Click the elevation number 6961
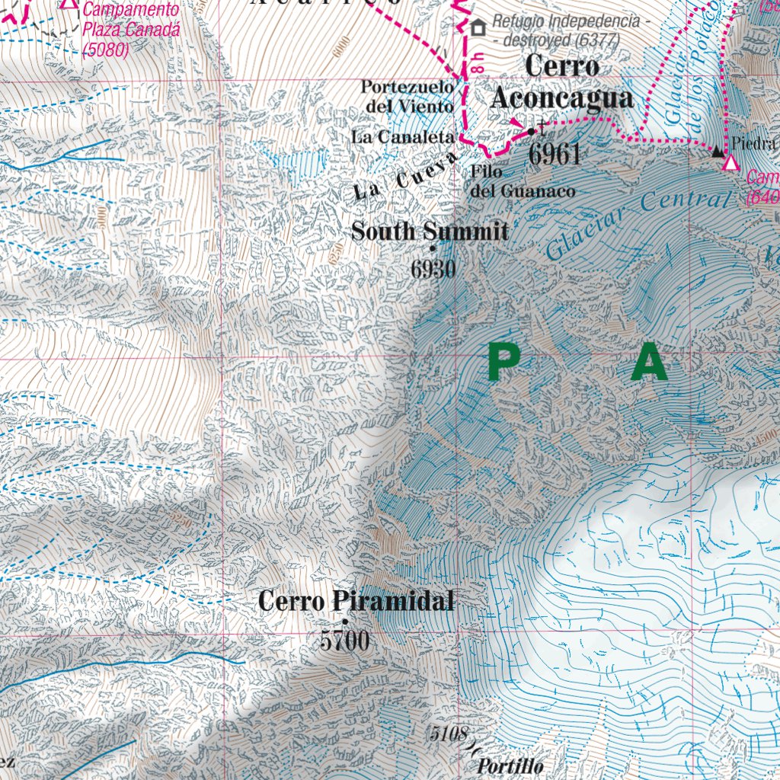click(x=555, y=154)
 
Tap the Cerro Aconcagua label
click(x=562, y=82)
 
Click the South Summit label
click(x=430, y=231)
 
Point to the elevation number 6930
click(x=433, y=269)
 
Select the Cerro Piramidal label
click(x=356, y=601)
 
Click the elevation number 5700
click(x=344, y=641)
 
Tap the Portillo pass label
click(x=510, y=766)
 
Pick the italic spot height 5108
click(x=447, y=734)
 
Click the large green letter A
click(x=649, y=363)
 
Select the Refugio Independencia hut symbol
click(x=478, y=28)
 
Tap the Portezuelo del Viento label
click(x=408, y=97)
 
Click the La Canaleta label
click(x=403, y=137)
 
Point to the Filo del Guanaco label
click(x=522, y=182)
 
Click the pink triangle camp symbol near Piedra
click(x=731, y=163)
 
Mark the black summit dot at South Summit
click(x=433, y=248)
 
